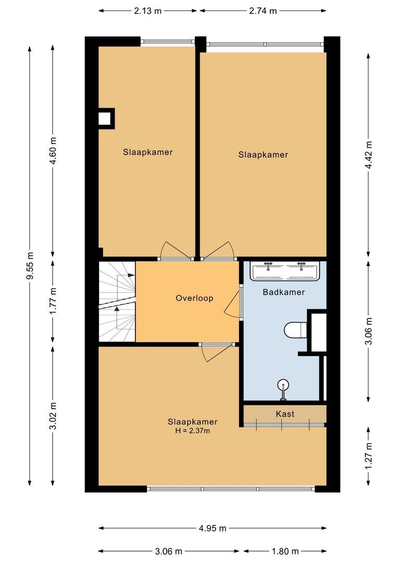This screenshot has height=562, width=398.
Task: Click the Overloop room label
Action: click(194, 298)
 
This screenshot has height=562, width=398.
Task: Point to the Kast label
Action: click(285, 414)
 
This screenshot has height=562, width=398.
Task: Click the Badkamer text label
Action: click(283, 292)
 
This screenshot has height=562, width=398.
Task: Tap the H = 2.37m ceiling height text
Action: click(193, 431)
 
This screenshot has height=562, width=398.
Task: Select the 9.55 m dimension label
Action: click(30, 266)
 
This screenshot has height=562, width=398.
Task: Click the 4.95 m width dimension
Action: click(213, 528)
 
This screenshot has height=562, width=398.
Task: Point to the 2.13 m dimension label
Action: click(148, 10)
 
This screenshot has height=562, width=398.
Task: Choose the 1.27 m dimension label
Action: click(369, 455)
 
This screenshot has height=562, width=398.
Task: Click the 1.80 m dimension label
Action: click(284, 551)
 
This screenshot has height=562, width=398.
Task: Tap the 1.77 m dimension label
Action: click(53, 301)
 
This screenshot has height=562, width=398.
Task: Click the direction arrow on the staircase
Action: click(117, 308)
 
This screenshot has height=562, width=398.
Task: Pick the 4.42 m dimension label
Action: click(369, 155)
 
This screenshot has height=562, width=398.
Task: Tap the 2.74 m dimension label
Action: click(263, 10)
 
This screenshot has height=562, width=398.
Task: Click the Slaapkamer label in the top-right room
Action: click(263, 155)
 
